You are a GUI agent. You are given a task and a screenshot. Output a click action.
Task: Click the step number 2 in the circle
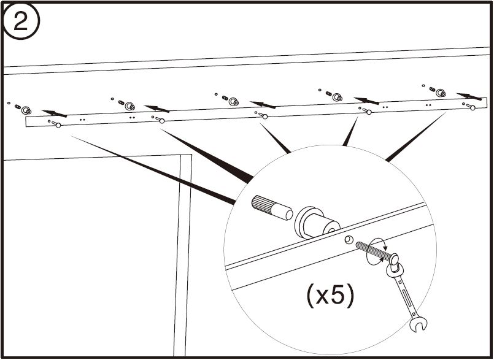tap(21, 21)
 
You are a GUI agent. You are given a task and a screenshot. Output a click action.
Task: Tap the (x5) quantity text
tap(331, 296)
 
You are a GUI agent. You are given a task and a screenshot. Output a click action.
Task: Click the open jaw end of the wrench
tap(419, 325)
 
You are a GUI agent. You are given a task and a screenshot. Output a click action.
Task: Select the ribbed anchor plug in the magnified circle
tap(272, 208)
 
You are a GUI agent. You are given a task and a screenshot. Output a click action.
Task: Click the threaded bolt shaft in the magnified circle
tap(374, 251)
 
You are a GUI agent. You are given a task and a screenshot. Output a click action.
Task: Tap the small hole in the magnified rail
tap(348, 239)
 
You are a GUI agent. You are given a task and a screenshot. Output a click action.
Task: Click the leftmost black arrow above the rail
tap(54, 113)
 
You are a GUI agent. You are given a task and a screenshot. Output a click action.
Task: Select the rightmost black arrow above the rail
tap(469, 96)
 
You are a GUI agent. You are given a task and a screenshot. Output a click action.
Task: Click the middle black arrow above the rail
tap(263, 105)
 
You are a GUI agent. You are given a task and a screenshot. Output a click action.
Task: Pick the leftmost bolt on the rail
tap(56, 124)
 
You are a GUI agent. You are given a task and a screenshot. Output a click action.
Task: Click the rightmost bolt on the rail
tap(470, 107)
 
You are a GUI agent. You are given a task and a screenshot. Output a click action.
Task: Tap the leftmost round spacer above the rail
tap(26, 110)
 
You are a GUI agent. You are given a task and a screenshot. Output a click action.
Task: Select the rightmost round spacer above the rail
tap(441, 93)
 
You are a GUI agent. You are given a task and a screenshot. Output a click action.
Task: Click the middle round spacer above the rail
tap(233, 101)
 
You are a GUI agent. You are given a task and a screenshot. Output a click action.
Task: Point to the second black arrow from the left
tap(157, 109)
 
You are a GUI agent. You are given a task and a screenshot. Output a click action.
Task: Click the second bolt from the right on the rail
tap(367, 111)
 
